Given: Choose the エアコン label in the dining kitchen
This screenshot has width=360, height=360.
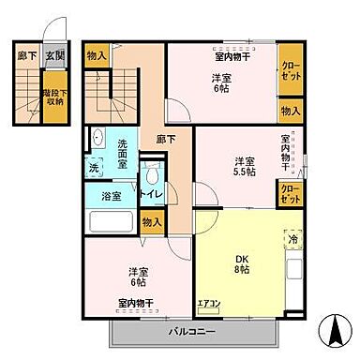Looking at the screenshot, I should tap(208, 303).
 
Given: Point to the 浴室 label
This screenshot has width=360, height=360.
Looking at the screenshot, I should tap(98, 197).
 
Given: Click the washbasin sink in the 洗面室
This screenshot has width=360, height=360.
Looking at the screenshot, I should tap(97, 139).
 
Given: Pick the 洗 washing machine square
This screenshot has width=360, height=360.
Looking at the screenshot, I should tap(95, 167).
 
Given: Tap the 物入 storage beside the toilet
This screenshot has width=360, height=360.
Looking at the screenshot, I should tap(152, 221).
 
